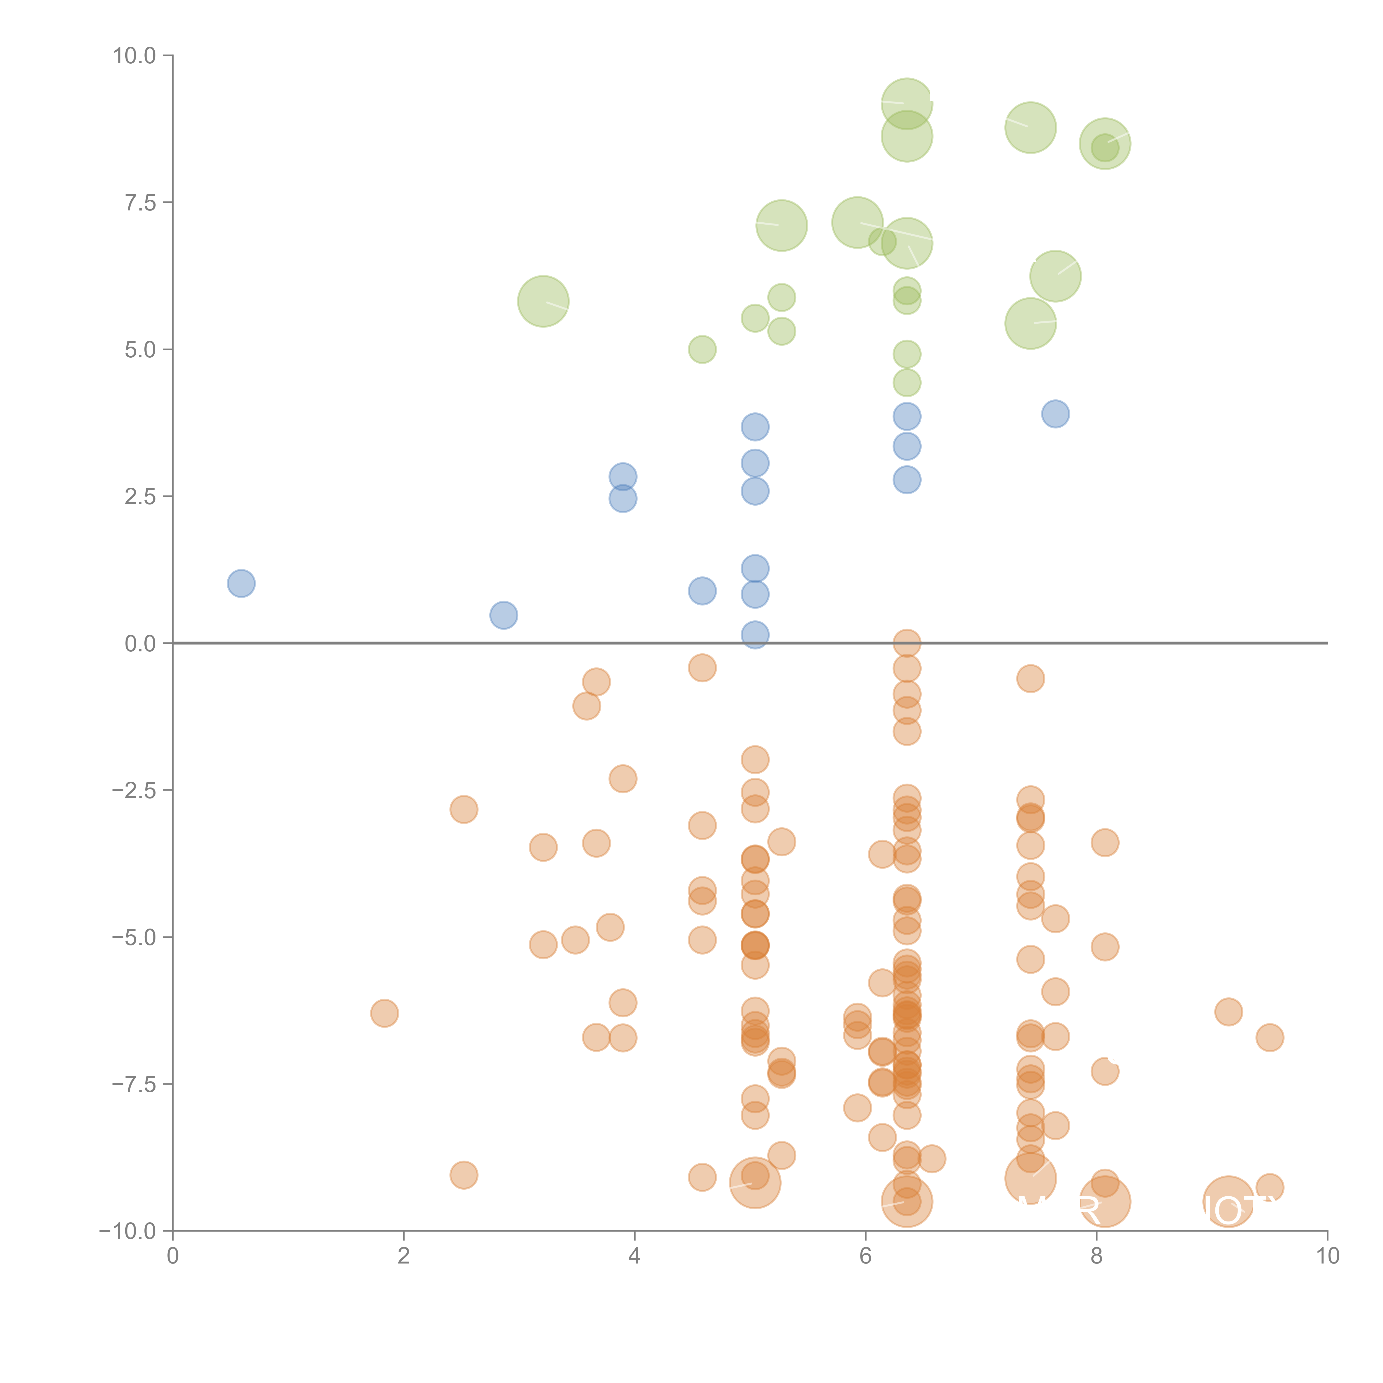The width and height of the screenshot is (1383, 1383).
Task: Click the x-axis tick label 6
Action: pyautogui.click(x=865, y=1255)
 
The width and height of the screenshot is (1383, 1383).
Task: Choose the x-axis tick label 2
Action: pyautogui.click(x=404, y=1255)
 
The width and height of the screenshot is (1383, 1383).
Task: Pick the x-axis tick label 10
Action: pyautogui.click(x=1327, y=1255)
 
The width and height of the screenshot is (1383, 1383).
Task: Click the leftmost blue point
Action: pyautogui.click(x=241, y=583)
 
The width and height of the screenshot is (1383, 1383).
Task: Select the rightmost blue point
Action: pyautogui.click(x=1055, y=414)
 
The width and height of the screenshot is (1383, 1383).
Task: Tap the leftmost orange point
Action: pyautogui.click(x=384, y=1013)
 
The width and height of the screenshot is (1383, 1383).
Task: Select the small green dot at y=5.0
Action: pyautogui.click(x=702, y=349)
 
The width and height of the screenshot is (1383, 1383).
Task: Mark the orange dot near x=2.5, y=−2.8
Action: pyautogui.click(x=464, y=810)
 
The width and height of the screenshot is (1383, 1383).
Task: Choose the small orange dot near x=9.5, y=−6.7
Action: pyautogui.click(x=1269, y=1037)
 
